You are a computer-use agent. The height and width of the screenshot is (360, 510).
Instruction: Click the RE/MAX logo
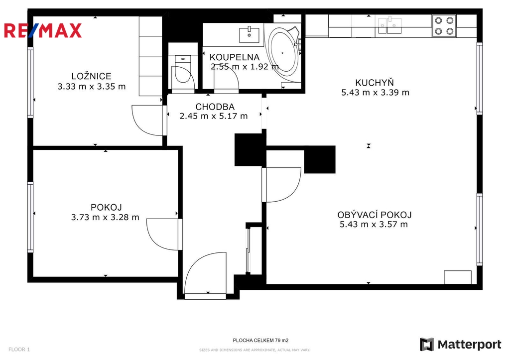coord(43,30)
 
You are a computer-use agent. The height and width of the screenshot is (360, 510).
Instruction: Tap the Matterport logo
coord(461,345)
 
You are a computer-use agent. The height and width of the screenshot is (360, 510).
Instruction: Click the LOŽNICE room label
coord(92,76)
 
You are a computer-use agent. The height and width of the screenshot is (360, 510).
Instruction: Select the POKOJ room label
coord(106,207)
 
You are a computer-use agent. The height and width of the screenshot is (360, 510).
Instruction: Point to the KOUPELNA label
coord(235,57)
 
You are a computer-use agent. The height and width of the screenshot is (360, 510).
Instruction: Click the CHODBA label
coord(215,107)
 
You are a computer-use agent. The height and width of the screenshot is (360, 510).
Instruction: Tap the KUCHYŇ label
coord(375,83)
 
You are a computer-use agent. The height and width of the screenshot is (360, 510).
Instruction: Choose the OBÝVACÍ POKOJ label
coord(375,215)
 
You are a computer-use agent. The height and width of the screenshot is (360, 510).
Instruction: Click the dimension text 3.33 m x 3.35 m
coord(92,87)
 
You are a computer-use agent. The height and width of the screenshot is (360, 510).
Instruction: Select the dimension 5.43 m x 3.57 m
coord(374,224)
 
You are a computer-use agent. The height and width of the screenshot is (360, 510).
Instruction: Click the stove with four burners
coord(444,26)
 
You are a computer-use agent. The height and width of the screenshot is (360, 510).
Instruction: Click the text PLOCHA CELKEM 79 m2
coord(260,341)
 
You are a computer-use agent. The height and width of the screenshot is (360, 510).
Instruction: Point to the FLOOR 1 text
coord(19,350)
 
